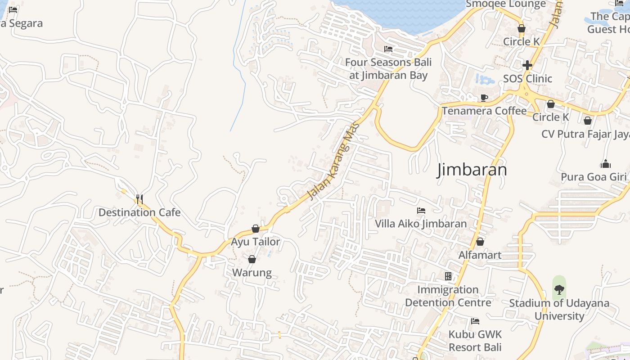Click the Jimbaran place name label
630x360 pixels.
coord(472,170)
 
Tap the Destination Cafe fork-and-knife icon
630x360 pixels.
coord(139,198)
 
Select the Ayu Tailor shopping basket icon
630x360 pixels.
coord(256,229)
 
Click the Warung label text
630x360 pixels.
coord(252,273)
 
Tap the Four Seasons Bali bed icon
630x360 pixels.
coord(388,49)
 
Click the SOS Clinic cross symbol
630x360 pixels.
coord(527,65)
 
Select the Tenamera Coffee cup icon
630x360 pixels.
coord(484,98)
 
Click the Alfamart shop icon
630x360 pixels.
coord(480,242)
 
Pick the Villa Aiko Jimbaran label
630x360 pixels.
coord(421,224)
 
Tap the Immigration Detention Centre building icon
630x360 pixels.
coord(448,276)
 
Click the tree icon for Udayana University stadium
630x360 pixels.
coord(559,289)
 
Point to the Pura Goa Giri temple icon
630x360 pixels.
coord(606,164)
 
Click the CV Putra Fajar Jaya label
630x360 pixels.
coord(585,134)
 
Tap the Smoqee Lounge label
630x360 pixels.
coord(506,4)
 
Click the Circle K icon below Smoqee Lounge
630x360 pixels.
coord(522,28)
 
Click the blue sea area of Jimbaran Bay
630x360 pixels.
coord(400,13)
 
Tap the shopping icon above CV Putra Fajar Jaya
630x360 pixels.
coord(587,121)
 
